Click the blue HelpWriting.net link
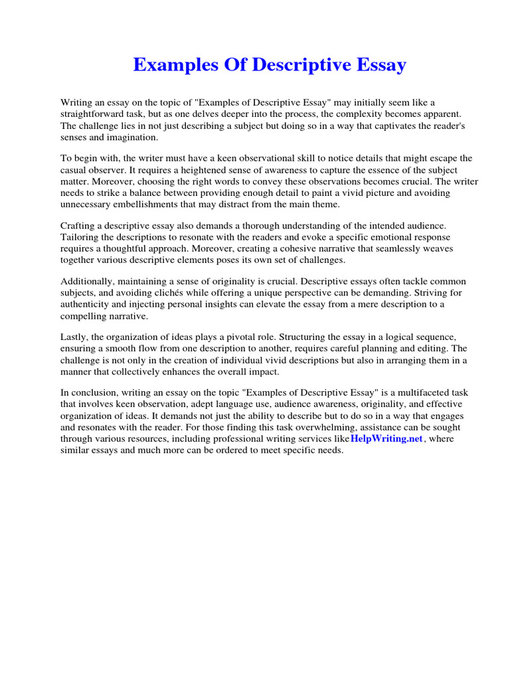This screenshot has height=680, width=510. (x=386, y=439)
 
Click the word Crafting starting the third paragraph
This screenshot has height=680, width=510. (x=79, y=226)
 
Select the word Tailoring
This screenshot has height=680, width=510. (x=82, y=237)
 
